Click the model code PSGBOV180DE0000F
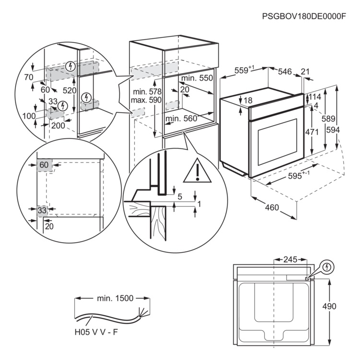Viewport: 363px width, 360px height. [x=304, y=16]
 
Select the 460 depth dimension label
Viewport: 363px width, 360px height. [x=271, y=207]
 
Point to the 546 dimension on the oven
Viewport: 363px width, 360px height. [x=285, y=71]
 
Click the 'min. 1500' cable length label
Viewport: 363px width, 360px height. [x=115, y=298]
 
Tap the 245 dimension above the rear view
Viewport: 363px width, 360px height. [x=290, y=259]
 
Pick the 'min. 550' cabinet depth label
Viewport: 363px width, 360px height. [x=197, y=78]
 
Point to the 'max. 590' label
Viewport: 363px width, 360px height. [x=147, y=101]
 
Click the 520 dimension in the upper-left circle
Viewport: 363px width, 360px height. [x=70, y=91]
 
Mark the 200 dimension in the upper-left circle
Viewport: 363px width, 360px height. [x=58, y=125]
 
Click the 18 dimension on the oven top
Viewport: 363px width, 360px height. [x=248, y=101]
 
